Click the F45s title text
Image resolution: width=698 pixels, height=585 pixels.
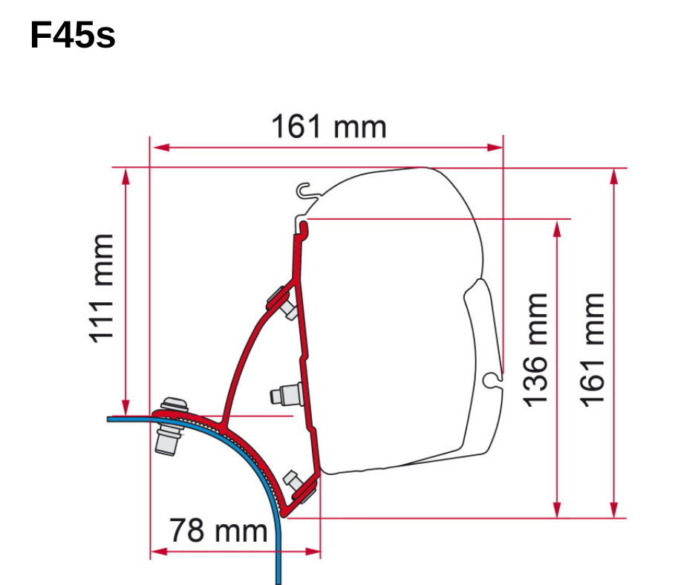click(x=73, y=35)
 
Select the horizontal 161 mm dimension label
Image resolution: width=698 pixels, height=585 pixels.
click(x=329, y=126)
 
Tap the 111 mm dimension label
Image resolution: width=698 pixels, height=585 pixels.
click(x=101, y=289)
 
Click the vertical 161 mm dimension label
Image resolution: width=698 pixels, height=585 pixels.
click(x=592, y=350)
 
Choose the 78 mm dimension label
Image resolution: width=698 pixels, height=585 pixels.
click(x=218, y=530)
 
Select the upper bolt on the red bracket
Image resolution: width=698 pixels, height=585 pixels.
click(x=283, y=303)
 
